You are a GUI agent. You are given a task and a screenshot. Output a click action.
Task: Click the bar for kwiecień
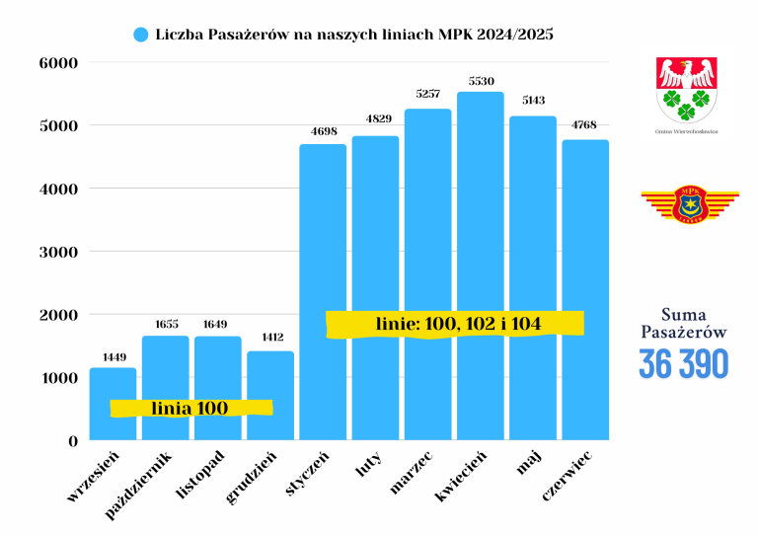(481, 267)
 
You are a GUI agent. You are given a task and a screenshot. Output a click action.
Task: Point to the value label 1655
(165, 324)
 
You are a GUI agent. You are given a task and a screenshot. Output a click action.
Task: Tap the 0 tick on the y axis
(71, 441)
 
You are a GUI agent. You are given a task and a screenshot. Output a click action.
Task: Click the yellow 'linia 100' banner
(190, 408)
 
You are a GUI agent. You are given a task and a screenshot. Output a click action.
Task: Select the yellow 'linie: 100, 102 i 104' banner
(456, 324)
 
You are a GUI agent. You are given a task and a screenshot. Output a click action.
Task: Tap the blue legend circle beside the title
(140, 35)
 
